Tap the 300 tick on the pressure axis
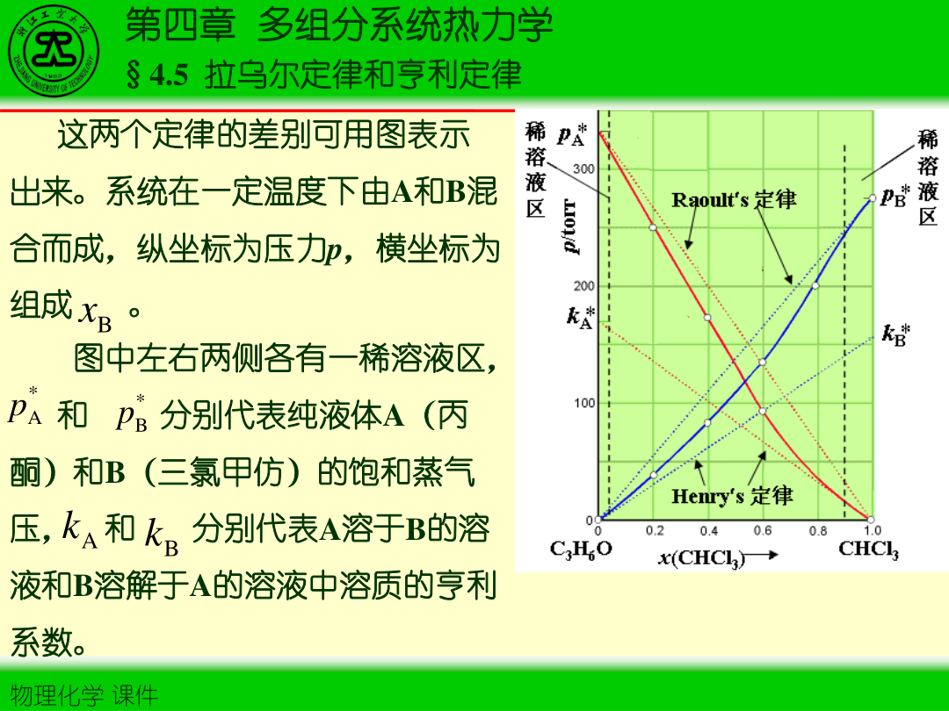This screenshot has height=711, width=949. [x=583, y=169]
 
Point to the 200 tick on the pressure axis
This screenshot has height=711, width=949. [x=583, y=286]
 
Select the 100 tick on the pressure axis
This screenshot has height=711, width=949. [x=583, y=404]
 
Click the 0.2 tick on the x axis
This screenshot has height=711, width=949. [x=654, y=531]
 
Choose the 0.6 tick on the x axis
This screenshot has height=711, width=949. [x=763, y=531]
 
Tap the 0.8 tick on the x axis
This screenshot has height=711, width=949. [x=817, y=531]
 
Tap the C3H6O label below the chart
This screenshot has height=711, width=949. [x=581, y=549]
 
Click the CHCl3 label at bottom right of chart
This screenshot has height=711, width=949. [x=868, y=549]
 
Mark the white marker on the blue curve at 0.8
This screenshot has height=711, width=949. [x=815, y=285]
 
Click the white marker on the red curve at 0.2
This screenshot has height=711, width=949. [x=653, y=227]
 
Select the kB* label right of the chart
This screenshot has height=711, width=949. [x=896, y=334]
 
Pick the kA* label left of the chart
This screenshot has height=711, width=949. [x=580, y=316]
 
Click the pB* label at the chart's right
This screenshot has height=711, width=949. [x=896, y=195]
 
